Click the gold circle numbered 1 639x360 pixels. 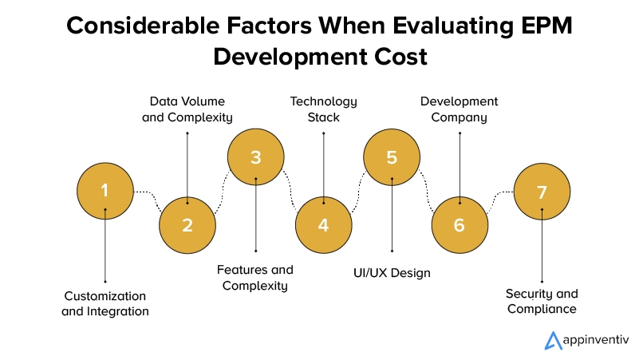point(105,191)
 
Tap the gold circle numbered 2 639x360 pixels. point(187,225)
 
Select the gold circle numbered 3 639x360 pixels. point(255,157)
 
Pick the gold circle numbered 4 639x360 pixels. point(324,225)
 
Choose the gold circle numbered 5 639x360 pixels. point(392,157)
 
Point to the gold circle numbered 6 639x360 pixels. point(460,225)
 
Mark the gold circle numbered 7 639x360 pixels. point(542,192)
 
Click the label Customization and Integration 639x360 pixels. point(105,303)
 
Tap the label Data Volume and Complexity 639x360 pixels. point(187,109)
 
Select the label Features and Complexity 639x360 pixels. point(255,278)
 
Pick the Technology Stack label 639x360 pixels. point(324,109)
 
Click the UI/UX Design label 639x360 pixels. point(392,273)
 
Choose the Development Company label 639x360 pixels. point(460,109)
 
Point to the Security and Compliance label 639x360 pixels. point(542,301)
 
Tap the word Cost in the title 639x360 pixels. point(400,57)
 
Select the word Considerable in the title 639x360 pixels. point(143,26)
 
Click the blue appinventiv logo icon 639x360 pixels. point(553,340)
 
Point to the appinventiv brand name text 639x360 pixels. point(596,340)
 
